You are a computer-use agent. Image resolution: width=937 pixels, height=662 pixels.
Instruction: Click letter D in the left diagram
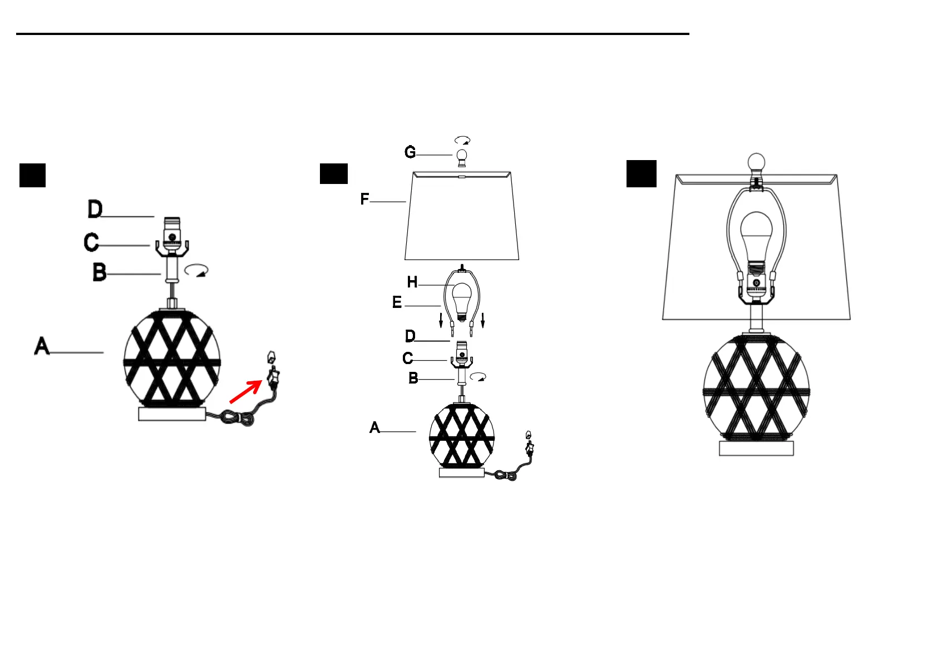(x=95, y=210)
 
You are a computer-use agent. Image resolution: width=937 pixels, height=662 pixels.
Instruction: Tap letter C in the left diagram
(x=91, y=242)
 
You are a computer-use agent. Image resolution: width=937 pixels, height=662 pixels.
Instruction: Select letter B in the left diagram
(x=100, y=272)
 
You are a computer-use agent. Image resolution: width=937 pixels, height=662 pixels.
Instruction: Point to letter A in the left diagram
(x=42, y=346)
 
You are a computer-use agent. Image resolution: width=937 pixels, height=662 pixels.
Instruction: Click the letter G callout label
(x=410, y=152)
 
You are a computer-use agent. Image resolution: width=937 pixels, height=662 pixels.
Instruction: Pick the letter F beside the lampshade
(x=364, y=199)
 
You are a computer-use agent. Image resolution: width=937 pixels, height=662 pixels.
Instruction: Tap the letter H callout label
(x=412, y=282)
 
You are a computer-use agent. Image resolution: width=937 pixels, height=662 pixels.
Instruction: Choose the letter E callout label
(x=397, y=302)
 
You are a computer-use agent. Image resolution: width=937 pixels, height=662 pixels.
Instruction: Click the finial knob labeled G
(x=462, y=157)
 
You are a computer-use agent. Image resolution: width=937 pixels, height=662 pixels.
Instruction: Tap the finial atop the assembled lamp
(x=756, y=163)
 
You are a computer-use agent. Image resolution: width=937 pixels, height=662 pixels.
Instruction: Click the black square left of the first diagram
(x=32, y=175)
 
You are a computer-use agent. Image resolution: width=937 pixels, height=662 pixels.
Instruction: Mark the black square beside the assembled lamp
(x=641, y=173)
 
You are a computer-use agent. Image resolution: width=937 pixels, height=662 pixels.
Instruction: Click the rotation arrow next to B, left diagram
(x=196, y=271)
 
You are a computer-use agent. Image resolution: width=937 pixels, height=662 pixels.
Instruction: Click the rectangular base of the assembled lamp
(x=756, y=448)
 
